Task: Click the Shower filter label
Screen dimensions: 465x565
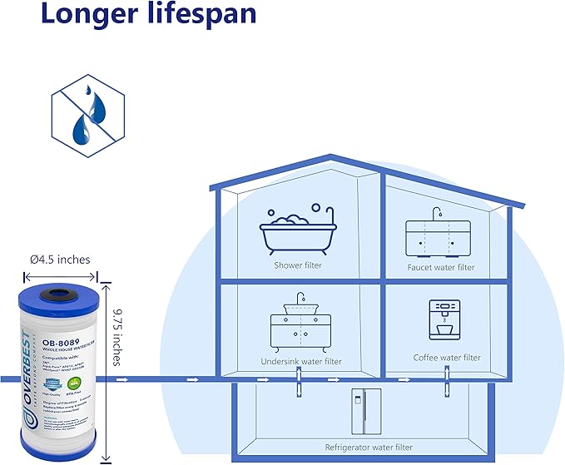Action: point(298,266)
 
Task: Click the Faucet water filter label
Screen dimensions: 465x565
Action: point(441,268)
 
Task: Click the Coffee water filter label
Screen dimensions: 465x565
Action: point(447,358)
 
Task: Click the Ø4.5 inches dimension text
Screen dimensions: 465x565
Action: point(60,260)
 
